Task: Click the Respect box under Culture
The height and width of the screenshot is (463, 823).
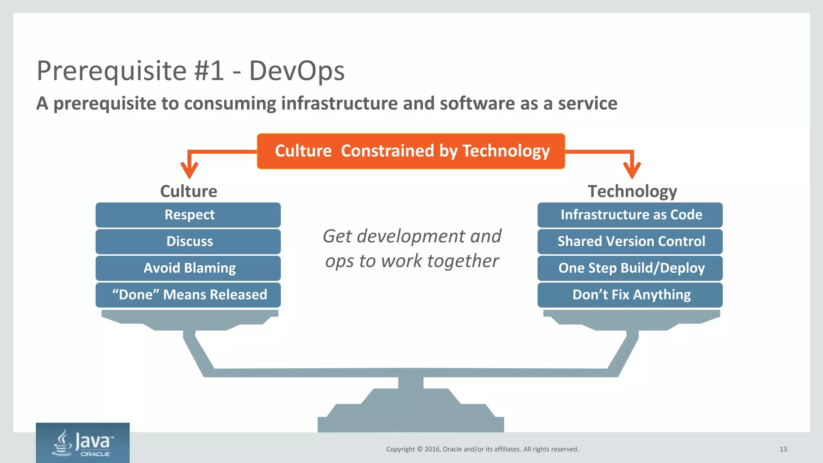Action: pyautogui.click(x=188, y=215)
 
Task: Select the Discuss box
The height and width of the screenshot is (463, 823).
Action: pyautogui.click(x=188, y=242)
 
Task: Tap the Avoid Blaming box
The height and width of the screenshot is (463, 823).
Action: pyautogui.click(x=188, y=268)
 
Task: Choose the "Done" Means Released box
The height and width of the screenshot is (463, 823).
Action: pyautogui.click(x=188, y=295)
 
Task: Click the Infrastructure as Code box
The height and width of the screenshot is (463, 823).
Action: pyautogui.click(x=630, y=215)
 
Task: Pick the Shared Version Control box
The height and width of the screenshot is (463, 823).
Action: pyautogui.click(x=630, y=242)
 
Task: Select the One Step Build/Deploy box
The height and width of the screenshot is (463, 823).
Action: pyautogui.click(x=630, y=268)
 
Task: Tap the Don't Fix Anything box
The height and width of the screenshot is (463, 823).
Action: pyautogui.click(x=630, y=295)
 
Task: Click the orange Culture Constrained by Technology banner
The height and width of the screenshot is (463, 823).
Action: pyautogui.click(x=411, y=151)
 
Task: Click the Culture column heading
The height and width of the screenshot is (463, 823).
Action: pyautogui.click(x=188, y=191)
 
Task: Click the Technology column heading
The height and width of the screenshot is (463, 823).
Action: pyautogui.click(x=632, y=191)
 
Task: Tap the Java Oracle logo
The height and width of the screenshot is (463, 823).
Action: pyautogui.click(x=83, y=443)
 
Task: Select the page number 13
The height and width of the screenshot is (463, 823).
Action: pyautogui.click(x=783, y=449)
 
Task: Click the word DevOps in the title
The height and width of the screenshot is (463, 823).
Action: pyautogui.click(x=297, y=71)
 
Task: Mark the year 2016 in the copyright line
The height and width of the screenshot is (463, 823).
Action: pyautogui.click(x=432, y=449)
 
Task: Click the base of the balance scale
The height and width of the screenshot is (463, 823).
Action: pyautogui.click(x=411, y=418)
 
